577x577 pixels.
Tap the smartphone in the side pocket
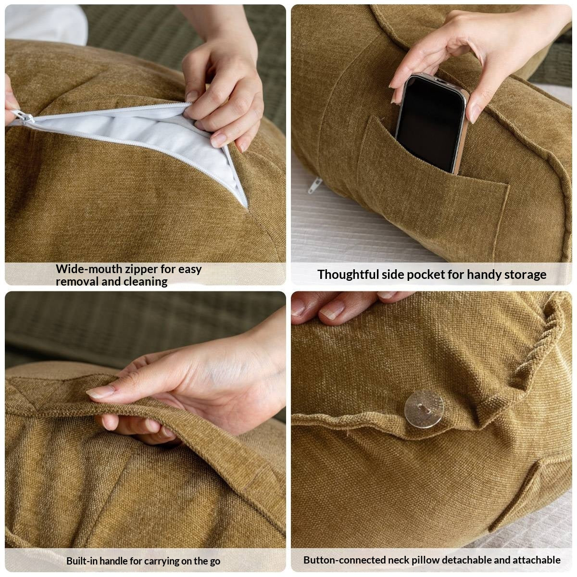pyautogui.click(x=431, y=123)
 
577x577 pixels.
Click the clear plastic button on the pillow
pyautogui.click(x=424, y=408)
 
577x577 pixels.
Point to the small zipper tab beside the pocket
pyautogui.click(x=314, y=185)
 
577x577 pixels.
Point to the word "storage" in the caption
pyautogui.click(x=526, y=275)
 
